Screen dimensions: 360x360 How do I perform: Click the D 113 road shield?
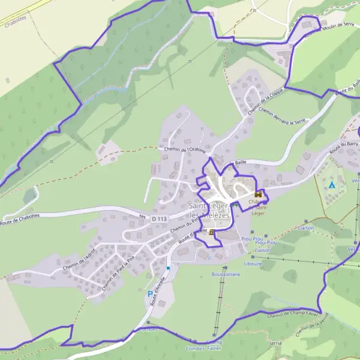coord(158,220)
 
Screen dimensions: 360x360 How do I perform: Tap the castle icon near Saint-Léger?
coord(259,194)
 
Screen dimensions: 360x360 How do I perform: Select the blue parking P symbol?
coord(150,294)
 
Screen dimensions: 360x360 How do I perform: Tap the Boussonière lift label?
coord(226,274)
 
